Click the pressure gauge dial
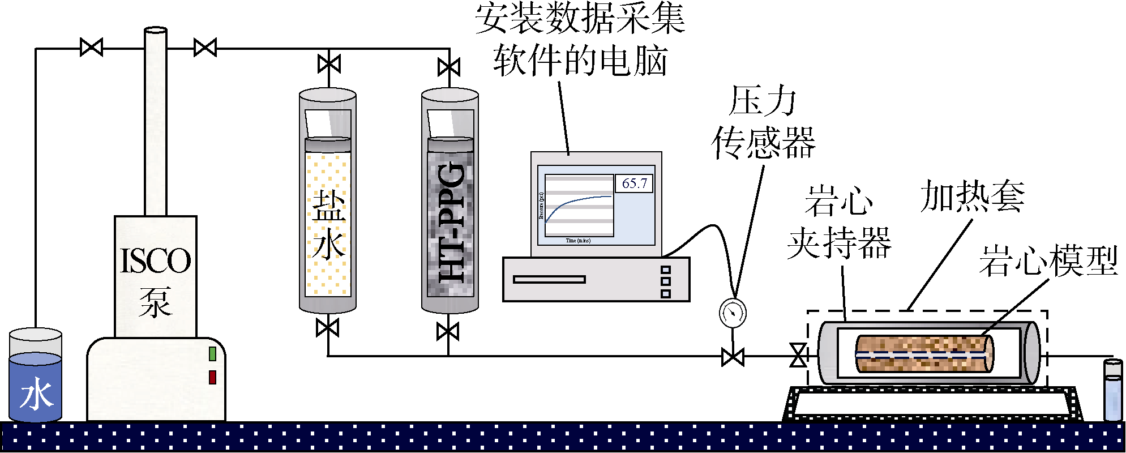coord(733,313)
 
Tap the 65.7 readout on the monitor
coord(634,183)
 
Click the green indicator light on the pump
coord(212,354)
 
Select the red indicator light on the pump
coord(212,377)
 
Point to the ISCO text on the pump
coord(155,260)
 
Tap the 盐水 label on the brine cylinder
coord(328,224)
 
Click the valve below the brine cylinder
coord(328,328)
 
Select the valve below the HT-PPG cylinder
coord(448,331)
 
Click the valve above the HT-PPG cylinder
coord(449,67)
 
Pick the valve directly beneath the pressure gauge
coord(733,357)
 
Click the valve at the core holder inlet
coord(798,356)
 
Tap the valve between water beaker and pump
coord(91,47)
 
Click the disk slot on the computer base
coord(549,279)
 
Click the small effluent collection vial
coord(1112,391)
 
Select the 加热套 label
coord(972,197)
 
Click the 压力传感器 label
coord(763,122)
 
